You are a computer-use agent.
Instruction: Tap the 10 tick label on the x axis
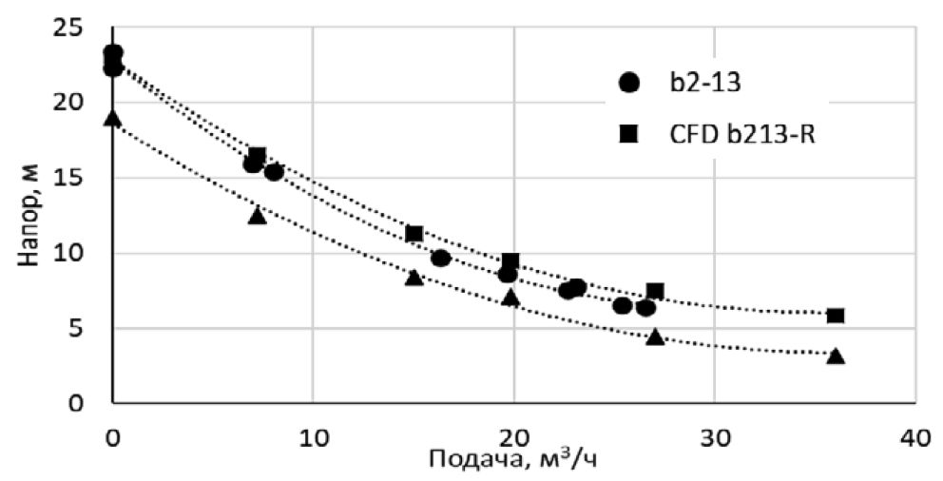point(313,438)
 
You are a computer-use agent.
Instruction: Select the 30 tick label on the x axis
point(714,438)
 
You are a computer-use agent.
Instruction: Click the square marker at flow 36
point(836,316)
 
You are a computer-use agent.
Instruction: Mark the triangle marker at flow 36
point(836,356)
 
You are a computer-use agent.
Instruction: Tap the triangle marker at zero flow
point(113,119)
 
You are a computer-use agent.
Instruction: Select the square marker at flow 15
point(414,234)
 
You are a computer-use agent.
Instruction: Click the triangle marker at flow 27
point(655,337)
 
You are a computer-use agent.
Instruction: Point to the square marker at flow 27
point(655,291)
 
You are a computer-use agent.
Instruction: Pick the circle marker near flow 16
point(441,258)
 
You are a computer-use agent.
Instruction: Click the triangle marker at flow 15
point(414,278)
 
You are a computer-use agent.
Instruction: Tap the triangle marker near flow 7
point(257,216)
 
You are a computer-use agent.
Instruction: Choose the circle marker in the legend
point(628,83)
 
